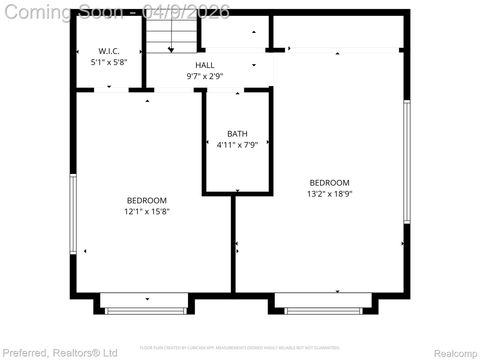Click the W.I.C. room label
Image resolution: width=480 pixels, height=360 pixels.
coord(109,51)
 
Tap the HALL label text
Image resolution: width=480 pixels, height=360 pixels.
coord(204,65)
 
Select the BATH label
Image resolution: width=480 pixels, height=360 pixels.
coord(237,134)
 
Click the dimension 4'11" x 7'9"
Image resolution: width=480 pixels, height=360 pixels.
coord(237,145)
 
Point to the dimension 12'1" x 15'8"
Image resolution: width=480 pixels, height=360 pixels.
coord(146,211)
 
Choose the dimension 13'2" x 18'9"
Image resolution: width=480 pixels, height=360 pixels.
coord(329,193)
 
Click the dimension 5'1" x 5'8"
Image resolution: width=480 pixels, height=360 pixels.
coord(109,62)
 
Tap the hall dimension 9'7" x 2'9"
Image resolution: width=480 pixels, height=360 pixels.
coord(204,76)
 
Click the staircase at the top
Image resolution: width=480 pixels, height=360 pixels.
coord(171,37)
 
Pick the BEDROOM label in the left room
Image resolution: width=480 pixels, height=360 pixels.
coord(146,200)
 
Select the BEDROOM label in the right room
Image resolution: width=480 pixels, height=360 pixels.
coord(329,182)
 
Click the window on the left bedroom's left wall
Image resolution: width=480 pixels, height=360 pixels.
coord(72,213)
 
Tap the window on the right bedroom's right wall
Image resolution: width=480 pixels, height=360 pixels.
coord(406,161)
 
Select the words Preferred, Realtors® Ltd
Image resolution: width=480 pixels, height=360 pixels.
coord(60,352)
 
